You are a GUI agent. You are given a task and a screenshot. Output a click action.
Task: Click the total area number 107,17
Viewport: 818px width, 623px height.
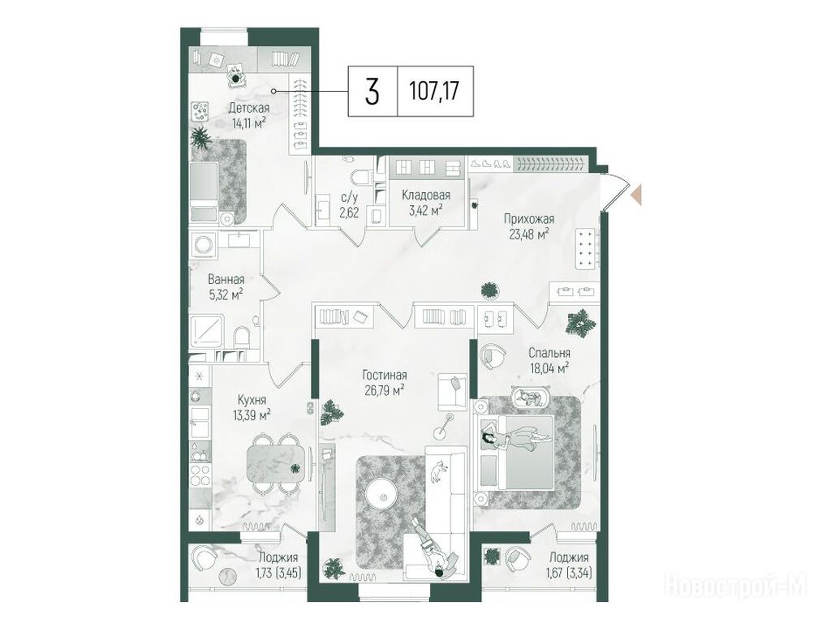(435, 92)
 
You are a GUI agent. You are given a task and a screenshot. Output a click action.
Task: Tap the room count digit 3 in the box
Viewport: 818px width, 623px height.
(372, 92)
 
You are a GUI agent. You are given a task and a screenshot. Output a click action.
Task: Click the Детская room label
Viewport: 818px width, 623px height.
(249, 109)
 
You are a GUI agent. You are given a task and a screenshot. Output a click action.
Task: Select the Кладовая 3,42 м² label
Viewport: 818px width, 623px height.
(426, 202)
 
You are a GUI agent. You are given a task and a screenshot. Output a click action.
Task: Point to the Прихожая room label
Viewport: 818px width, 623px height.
(528, 219)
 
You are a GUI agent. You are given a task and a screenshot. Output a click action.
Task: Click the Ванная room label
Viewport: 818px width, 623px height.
(226, 279)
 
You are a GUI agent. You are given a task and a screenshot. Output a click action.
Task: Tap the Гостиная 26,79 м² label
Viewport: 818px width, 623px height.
(385, 382)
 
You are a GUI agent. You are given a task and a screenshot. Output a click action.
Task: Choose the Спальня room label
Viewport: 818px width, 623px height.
(549, 353)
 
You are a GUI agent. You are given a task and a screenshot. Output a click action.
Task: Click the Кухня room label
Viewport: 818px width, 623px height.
(252, 401)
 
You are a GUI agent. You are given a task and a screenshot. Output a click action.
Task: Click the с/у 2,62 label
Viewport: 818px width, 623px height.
(350, 205)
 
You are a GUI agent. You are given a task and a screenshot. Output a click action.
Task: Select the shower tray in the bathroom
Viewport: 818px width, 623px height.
(207, 331)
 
